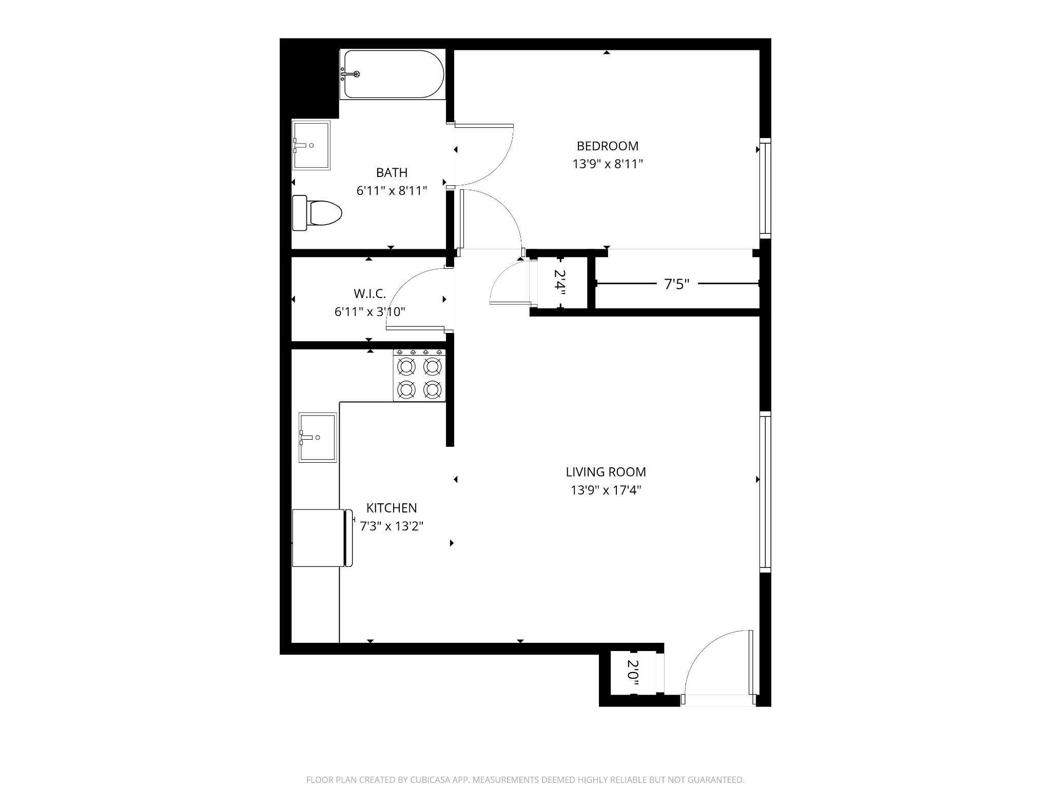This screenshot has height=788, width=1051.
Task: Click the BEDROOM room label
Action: point(608,146)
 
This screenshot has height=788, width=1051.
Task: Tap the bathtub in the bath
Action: point(393,74)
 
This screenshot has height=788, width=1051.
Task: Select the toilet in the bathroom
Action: point(317,213)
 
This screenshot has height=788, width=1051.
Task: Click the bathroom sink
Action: point(311,145)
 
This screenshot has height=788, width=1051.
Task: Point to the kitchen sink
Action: point(318,438)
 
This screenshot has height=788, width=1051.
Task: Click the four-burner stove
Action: point(419,375)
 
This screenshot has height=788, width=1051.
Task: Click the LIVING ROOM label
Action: point(606,472)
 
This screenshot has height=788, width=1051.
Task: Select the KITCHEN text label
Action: point(392,508)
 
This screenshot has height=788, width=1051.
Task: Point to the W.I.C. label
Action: point(369,294)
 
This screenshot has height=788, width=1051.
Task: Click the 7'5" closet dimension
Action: point(677,284)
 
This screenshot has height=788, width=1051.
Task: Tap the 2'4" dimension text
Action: point(559,283)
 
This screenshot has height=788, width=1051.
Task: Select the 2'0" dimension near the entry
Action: point(633,673)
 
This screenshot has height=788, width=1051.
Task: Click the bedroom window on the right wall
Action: point(765,188)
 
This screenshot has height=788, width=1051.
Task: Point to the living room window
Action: point(765,492)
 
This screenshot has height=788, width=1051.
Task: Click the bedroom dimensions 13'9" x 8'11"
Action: point(608,164)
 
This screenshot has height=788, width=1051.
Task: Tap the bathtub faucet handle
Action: point(356,74)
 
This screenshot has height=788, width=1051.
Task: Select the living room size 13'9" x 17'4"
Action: point(606,490)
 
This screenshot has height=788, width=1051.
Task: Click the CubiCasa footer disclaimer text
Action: point(525,780)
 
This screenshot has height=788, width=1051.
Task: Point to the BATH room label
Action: point(392,173)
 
